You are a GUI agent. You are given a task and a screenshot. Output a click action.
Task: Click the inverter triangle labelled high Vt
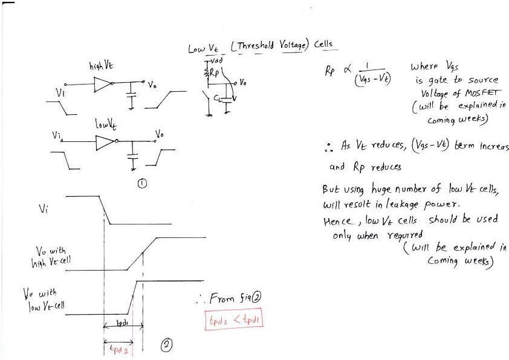[x=104, y=85]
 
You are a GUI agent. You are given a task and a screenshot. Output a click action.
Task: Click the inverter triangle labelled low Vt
[x=105, y=143]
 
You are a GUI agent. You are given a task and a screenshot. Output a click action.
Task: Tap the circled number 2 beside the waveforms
[x=166, y=345]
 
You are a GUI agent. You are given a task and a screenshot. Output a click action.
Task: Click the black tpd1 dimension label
[x=123, y=324]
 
